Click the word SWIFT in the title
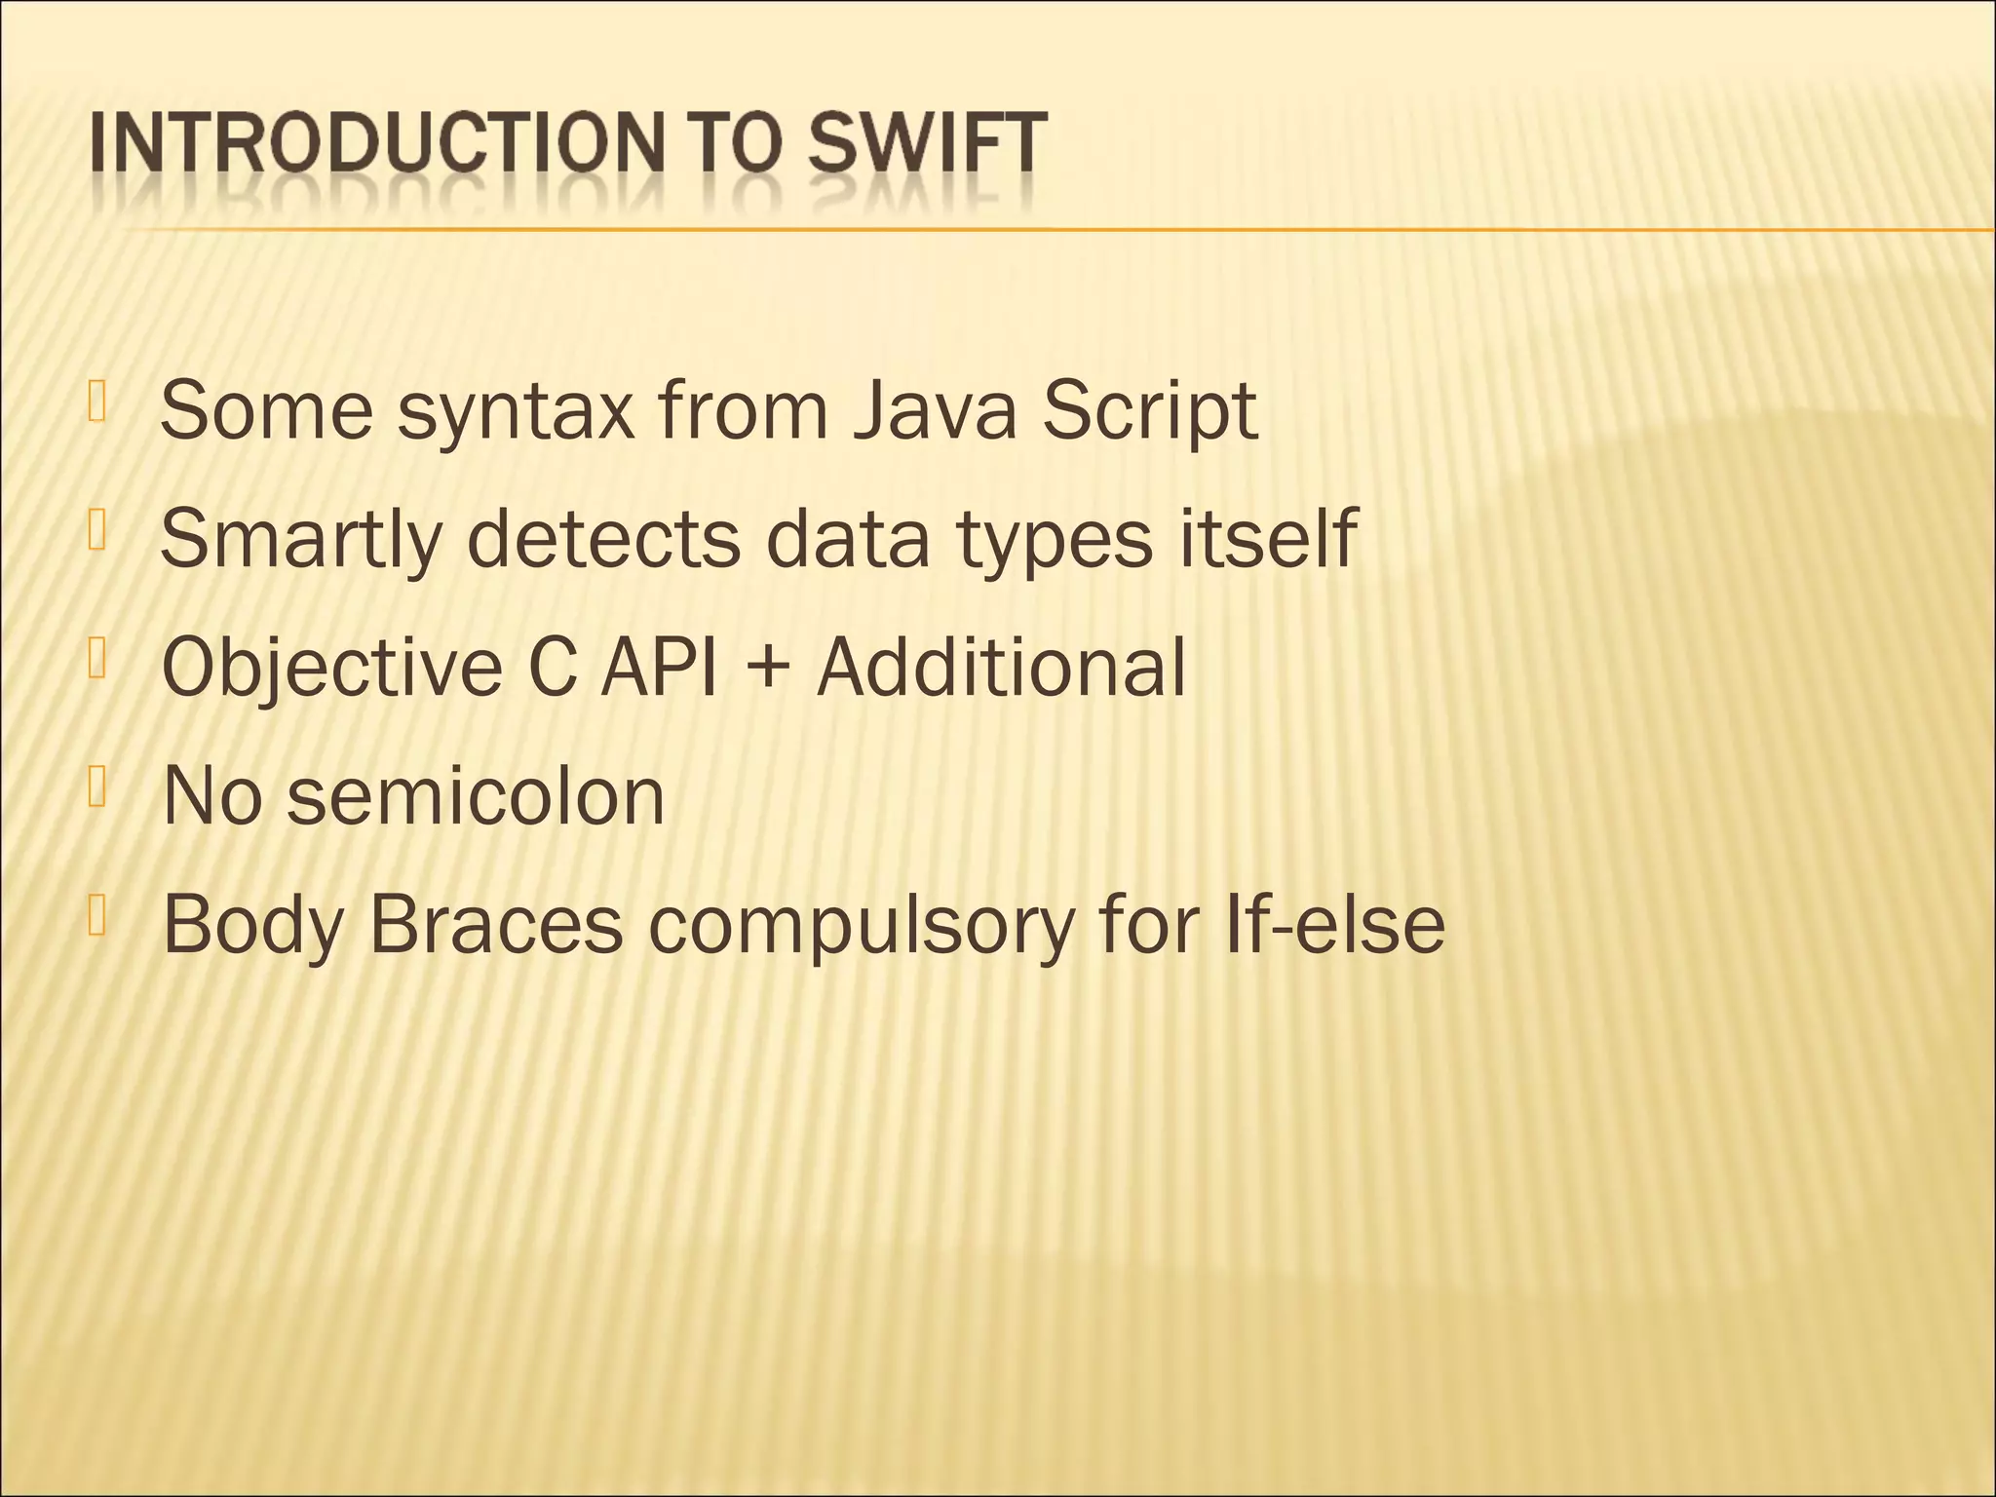pos(928,145)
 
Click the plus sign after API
pos(767,671)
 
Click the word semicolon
pos(476,796)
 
